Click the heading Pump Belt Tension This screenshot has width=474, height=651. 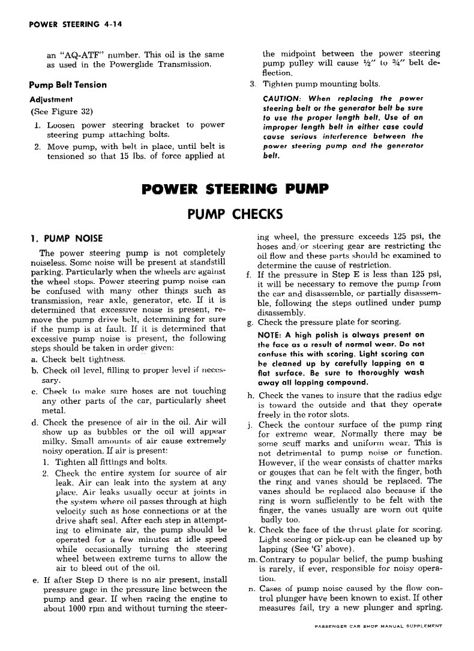coord(68,85)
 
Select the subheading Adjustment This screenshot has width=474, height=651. coord(51,99)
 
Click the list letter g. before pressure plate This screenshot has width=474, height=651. coord(250,322)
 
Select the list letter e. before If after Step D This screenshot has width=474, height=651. coord(34,580)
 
